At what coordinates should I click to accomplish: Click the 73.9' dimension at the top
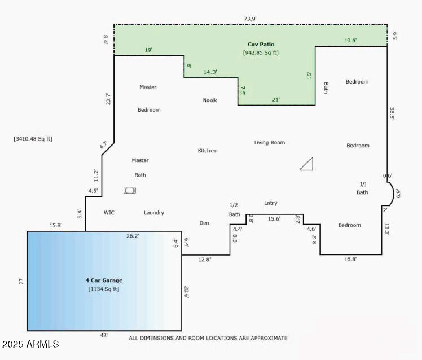pyautogui.click(x=250, y=19)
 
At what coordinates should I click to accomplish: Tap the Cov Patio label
pyautogui.click(x=261, y=44)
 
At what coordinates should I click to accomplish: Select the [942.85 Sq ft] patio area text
pyautogui.click(x=261, y=52)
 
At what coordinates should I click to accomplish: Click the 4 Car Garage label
pyautogui.click(x=104, y=280)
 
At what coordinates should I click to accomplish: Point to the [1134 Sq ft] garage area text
pyautogui.click(x=104, y=289)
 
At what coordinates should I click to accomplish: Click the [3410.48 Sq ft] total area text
pyautogui.click(x=33, y=138)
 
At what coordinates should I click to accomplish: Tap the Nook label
pyautogui.click(x=210, y=100)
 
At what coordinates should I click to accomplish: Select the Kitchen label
pyautogui.click(x=207, y=151)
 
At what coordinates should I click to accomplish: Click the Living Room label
pyautogui.click(x=269, y=143)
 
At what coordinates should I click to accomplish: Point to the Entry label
pyautogui.click(x=270, y=203)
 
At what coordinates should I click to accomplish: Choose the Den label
pyautogui.click(x=204, y=223)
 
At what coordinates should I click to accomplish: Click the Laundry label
pyautogui.click(x=154, y=213)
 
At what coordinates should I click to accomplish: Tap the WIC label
pyautogui.click(x=109, y=213)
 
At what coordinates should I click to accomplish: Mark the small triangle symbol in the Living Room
pyautogui.click(x=306, y=164)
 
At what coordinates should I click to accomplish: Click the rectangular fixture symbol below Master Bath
pyautogui.click(x=130, y=191)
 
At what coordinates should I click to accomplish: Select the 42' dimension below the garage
pyautogui.click(x=104, y=335)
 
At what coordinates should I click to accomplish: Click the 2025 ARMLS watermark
pyautogui.click(x=30, y=344)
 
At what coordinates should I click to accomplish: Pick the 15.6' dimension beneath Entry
pyautogui.click(x=274, y=219)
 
